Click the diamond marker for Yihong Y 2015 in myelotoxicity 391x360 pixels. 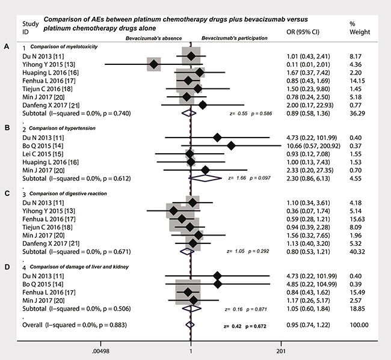tap(154, 64)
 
